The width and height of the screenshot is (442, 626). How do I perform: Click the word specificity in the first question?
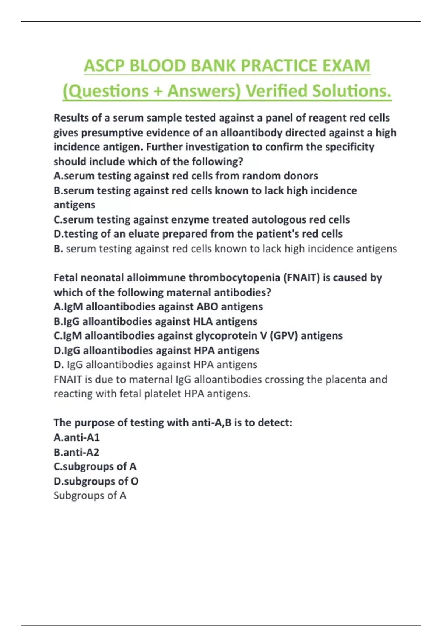350,147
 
